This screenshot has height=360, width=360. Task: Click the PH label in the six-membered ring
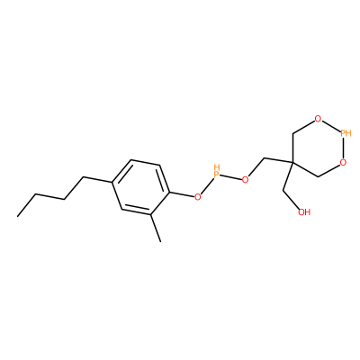(346, 133)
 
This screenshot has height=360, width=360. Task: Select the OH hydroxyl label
(304, 212)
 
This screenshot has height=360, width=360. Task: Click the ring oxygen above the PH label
(318, 119)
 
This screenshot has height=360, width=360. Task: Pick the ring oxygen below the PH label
(344, 163)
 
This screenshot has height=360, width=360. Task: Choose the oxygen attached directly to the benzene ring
(197, 197)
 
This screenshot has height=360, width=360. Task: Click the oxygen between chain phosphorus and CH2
(245, 180)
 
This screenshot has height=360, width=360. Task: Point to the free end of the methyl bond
(161, 241)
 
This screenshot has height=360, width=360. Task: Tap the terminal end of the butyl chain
(17, 216)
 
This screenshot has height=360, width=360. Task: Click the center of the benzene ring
(140, 187)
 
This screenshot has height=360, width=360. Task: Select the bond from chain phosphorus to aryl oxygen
(207, 186)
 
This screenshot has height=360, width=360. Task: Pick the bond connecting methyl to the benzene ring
(156, 228)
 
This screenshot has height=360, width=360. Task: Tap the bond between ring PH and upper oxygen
(331, 126)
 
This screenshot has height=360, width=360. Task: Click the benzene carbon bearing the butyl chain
(112, 182)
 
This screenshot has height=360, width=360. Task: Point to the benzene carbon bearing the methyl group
(150, 214)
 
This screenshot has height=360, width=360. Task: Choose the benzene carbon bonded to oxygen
(169, 192)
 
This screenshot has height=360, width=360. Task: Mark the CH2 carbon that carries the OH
(283, 190)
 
